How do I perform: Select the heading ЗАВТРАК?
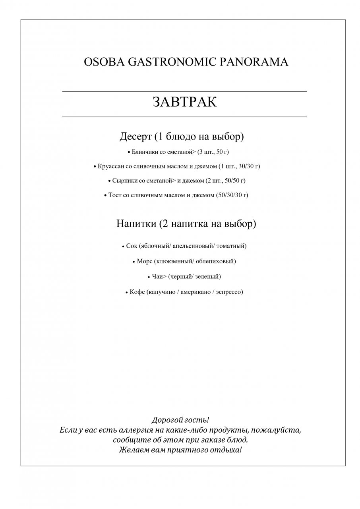[x=184, y=102]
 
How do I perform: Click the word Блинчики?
[x=145, y=152]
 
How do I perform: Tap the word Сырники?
[x=125, y=181]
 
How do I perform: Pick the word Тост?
[x=115, y=195]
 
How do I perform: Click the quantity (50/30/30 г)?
[x=232, y=195]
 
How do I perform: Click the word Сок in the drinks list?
[x=132, y=246]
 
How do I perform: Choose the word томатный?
[x=231, y=246]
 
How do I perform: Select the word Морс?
[x=144, y=261]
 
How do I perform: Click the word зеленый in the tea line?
[x=208, y=276]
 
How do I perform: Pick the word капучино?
[x=163, y=292]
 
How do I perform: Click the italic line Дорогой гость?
[x=180, y=420]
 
